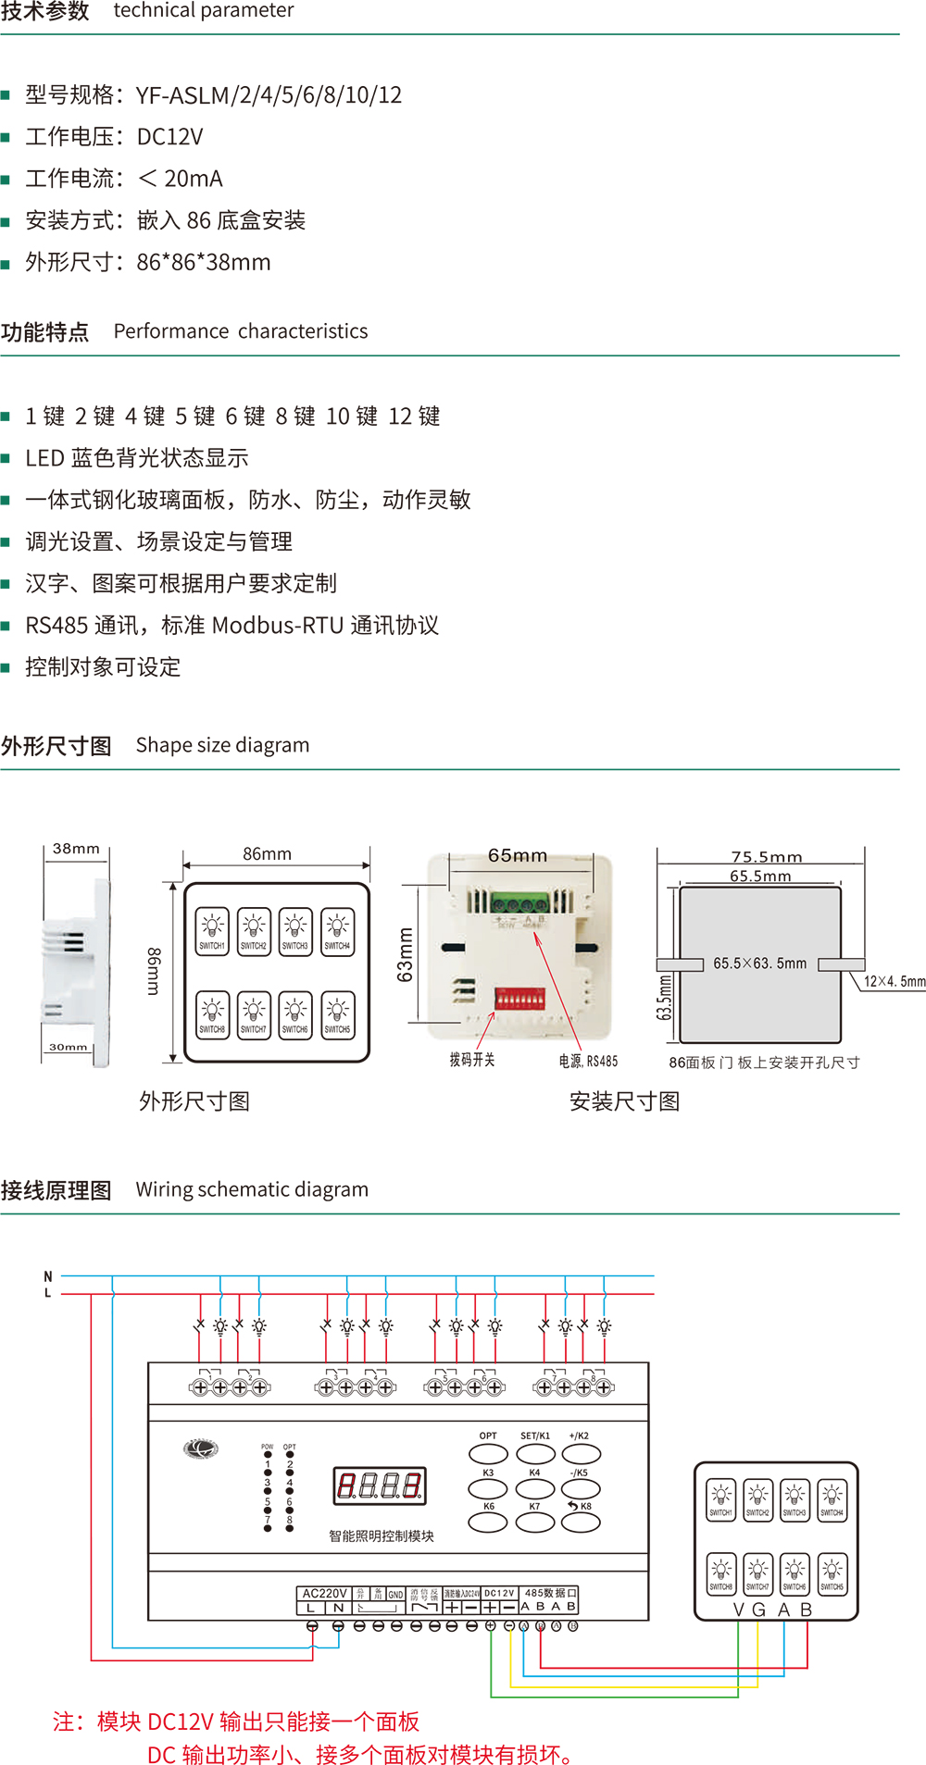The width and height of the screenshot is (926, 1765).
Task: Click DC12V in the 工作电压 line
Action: (169, 137)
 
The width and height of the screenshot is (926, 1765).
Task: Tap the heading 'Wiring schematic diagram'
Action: (252, 1189)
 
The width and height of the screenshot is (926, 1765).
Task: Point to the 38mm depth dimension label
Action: (76, 849)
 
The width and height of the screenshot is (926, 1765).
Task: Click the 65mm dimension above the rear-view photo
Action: (518, 856)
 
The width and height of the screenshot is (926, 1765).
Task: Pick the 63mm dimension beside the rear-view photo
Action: (405, 954)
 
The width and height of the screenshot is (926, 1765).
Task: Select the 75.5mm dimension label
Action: (767, 857)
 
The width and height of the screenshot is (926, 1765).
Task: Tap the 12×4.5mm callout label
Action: (894, 982)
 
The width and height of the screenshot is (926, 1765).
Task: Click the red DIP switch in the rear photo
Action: (519, 1000)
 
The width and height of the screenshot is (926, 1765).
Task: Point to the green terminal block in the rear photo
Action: (519, 902)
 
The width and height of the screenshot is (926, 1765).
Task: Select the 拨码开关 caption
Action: (472, 1060)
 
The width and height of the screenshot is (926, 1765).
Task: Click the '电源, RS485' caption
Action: (588, 1061)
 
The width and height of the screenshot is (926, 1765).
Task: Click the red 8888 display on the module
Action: (380, 1485)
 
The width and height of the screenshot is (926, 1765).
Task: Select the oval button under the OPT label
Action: (488, 1454)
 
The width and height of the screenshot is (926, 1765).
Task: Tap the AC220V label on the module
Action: (324, 1594)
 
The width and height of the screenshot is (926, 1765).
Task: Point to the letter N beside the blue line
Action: (48, 1277)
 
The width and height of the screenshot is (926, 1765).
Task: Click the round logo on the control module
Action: (201, 1448)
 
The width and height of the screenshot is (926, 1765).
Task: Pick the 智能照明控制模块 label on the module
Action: (382, 1536)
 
